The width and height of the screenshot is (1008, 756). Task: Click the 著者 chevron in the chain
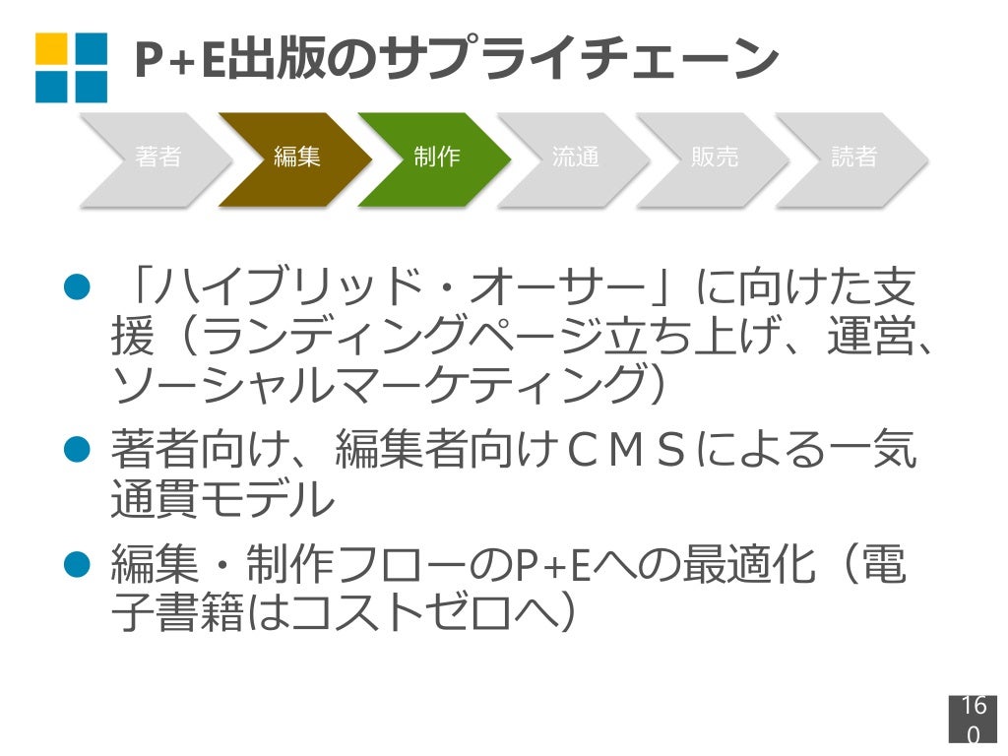(x=157, y=157)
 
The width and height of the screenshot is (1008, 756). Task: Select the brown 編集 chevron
(x=296, y=157)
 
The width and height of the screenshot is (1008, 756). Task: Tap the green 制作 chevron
(x=436, y=157)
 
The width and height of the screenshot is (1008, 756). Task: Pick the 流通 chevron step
(x=576, y=157)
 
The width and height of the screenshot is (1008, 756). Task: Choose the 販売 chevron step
(x=715, y=157)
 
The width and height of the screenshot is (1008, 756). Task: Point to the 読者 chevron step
(x=853, y=157)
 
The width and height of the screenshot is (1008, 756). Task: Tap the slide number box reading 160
(x=973, y=720)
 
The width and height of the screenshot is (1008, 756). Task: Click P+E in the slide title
(x=176, y=60)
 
